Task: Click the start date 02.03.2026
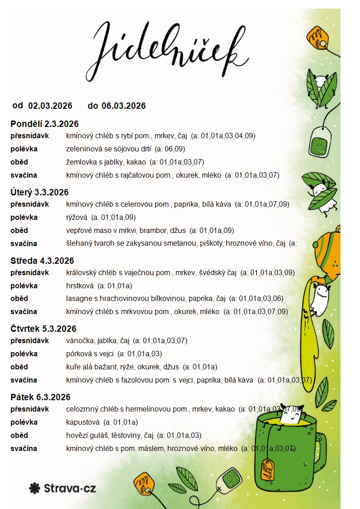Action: (50, 106)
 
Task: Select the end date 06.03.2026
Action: (123, 106)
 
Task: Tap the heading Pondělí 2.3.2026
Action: (44, 124)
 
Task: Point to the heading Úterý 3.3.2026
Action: (39, 193)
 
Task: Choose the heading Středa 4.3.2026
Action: (42, 261)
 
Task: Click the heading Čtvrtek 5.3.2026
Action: (44, 329)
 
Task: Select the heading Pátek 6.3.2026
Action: (40, 398)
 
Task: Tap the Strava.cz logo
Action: (63, 488)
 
